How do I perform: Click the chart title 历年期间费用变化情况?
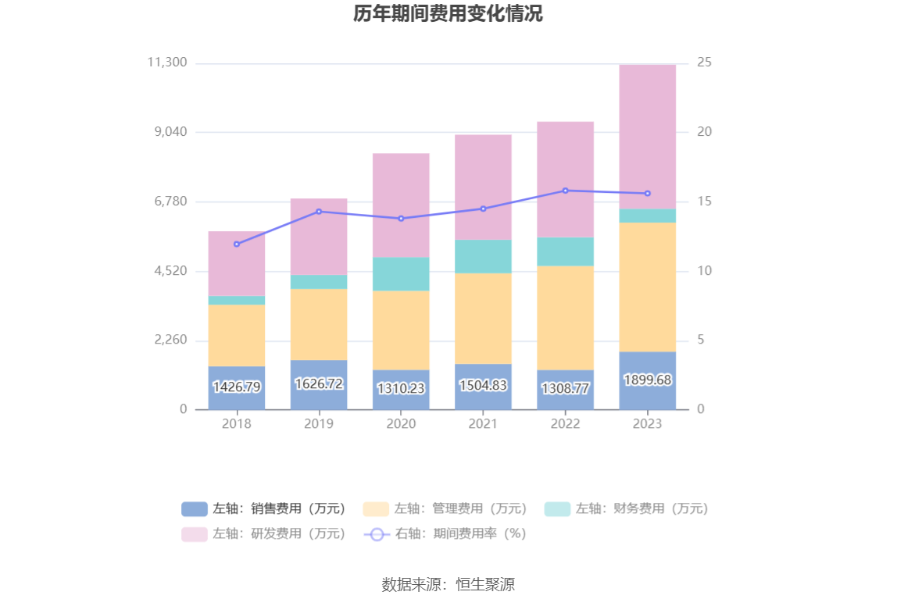pos(448,14)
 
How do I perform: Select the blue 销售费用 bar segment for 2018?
pos(237,388)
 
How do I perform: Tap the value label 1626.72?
pos(319,383)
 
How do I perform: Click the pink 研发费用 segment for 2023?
pos(647,137)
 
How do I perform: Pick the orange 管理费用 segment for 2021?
pos(483,318)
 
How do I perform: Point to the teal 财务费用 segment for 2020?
pos(401,274)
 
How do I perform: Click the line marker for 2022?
pos(565,191)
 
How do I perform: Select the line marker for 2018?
pos(237,244)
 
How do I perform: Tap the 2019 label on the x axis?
pos(319,423)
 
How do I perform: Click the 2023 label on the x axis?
pos(647,423)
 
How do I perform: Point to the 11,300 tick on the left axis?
pos(167,62)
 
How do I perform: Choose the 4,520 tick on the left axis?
pos(168,271)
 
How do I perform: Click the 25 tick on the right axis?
pos(704,62)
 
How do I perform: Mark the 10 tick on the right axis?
pos(704,271)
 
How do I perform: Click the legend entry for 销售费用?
pos(264,508)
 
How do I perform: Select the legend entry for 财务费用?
pos(627,508)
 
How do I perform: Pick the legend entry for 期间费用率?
pos(446,534)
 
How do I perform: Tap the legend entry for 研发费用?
pos(264,534)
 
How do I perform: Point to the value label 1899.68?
pos(647,380)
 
